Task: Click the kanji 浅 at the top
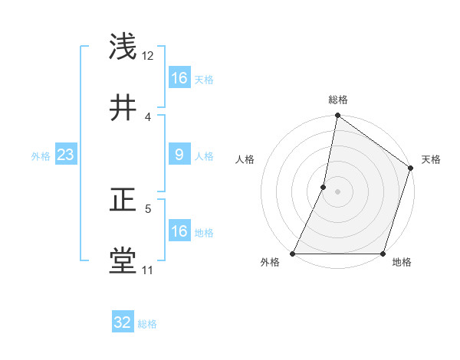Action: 123,47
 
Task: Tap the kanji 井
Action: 123,108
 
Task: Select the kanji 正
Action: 123,201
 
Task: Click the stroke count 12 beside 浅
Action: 148,56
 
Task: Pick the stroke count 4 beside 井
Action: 148,116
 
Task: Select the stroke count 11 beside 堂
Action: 148,270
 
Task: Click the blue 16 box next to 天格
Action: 179,78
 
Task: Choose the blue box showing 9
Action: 179,155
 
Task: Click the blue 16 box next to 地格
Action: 179,231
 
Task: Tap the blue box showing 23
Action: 66,155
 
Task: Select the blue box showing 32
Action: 123,322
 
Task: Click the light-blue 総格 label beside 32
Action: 148,324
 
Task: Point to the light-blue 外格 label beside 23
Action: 41,156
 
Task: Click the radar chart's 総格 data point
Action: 337,117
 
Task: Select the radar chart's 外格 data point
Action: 292,254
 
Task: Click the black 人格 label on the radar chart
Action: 245,159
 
